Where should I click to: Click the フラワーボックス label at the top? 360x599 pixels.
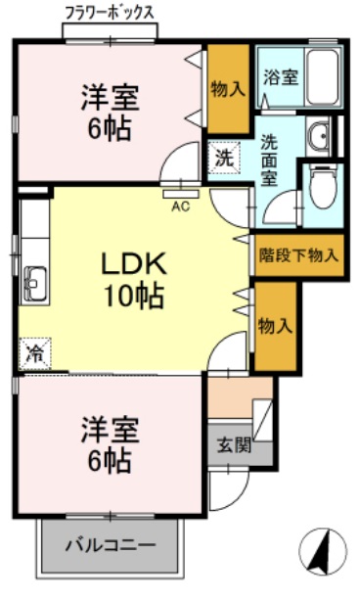tap(109, 12)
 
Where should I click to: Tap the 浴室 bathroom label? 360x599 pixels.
tap(281, 76)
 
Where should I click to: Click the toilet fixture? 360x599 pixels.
tap(321, 181)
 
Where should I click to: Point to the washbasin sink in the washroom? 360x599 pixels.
tap(318, 136)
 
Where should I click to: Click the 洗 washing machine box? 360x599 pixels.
tap(223, 155)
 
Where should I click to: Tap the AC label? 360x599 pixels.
tap(181, 206)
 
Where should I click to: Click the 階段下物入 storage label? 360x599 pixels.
tap(298, 255)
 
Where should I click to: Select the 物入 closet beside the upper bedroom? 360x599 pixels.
tap(228, 88)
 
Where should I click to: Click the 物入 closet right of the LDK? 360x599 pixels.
tap(275, 326)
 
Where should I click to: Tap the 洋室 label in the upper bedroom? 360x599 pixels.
tap(109, 98)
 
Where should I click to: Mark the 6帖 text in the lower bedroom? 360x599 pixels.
tap(109, 460)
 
